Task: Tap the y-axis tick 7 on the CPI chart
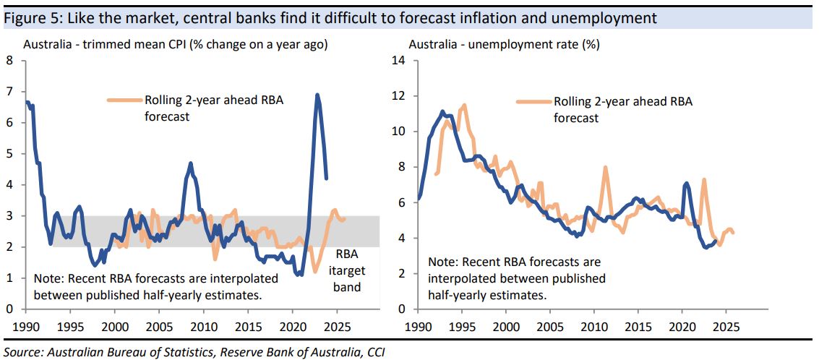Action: [x=9, y=92]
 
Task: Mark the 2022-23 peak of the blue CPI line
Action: [x=317, y=95]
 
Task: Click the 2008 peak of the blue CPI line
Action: [x=190, y=163]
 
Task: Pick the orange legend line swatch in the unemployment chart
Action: [x=534, y=101]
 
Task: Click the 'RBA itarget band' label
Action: [x=347, y=270]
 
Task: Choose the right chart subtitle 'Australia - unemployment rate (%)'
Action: [x=504, y=45]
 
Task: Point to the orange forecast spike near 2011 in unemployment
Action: [x=605, y=168]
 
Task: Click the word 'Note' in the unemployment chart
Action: [x=442, y=261]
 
